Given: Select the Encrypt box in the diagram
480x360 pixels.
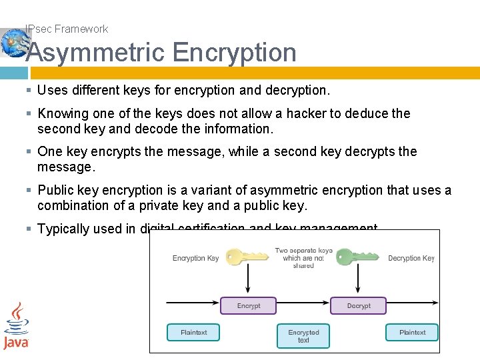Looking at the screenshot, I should (x=248, y=306).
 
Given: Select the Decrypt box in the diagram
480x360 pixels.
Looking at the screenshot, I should (x=359, y=306).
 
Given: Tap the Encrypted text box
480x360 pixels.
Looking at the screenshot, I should (x=303, y=336).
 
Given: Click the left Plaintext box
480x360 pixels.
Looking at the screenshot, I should (x=193, y=332).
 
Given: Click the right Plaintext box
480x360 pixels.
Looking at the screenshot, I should (x=412, y=332).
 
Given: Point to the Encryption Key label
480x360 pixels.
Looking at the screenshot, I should (x=195, y=258).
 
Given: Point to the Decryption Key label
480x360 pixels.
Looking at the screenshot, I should (x=411, y=258).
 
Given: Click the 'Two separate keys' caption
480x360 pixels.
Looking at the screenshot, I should (x=303, y=258).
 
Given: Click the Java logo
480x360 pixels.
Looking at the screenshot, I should (x=16, y=327).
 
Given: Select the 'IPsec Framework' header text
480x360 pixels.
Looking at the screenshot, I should (x=66, y=29).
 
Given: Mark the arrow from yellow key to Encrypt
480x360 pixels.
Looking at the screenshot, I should (x=248, y=280).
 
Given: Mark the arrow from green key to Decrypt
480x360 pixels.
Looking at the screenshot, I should (x=359, y=280).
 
